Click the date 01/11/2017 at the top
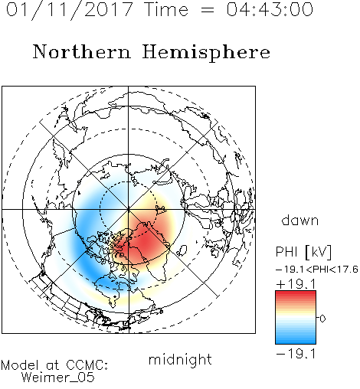point(69,9)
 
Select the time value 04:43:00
point(270,9)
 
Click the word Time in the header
point(166,9)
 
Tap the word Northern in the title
point(82,51)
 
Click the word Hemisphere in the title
point(206,53)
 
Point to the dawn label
point(300,221)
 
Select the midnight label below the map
point(180,359)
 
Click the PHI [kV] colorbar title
point(303,252)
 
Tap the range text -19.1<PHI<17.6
point(317,270)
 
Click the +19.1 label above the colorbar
point(296,284)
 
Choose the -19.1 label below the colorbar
point(296,354)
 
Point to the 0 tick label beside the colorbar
point(322,319)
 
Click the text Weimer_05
point(58,378)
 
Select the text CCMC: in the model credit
point(87,365)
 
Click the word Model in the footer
point(21,365)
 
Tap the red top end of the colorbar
point(296,293)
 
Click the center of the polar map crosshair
point(129,209)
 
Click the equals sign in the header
point(208,10)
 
